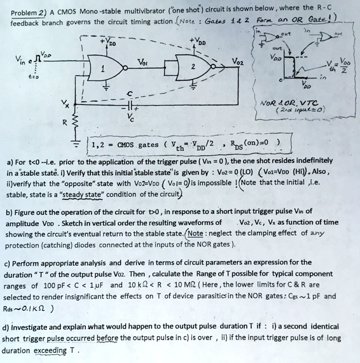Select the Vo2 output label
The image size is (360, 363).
[235, 63]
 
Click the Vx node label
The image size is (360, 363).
[62, 103]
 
